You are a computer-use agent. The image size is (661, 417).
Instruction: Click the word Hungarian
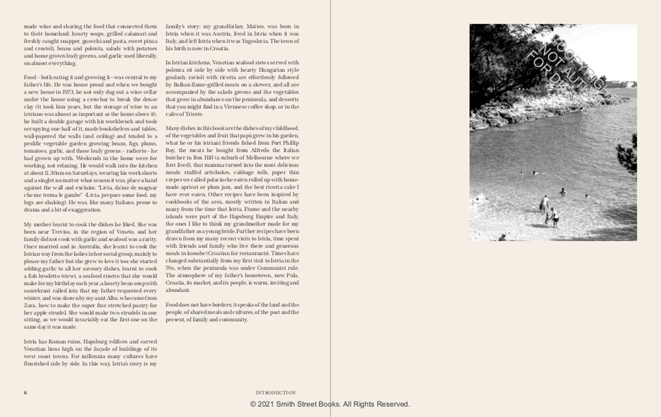click(273, 69)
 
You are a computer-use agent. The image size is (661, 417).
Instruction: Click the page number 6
click(25, 393)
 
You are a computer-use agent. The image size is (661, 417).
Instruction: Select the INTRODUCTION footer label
click(276, 393)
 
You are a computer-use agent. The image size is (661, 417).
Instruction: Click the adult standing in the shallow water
click(543, 202)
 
